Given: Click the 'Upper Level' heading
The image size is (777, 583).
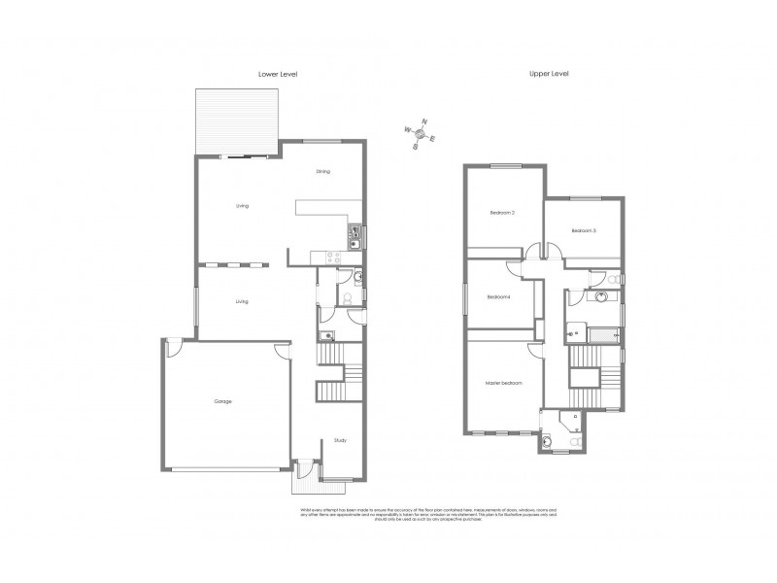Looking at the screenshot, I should pyautogui.click(x=547, y=74).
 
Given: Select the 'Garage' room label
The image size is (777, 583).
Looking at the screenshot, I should pyautogui.click(x=222, y=400).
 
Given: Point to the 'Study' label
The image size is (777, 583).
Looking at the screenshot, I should pyautogui.click(x=340, y=440).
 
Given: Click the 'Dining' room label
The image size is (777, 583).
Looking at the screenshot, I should pyautogui.click(x=323, y=171).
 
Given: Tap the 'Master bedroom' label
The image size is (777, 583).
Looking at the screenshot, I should pyautogui.click(x=504, y=383).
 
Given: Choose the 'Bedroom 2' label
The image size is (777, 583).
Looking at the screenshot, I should pyautogui.click(x=500, y=212).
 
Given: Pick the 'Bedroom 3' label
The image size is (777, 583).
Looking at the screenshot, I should pyautogui.click(x=583, y=230).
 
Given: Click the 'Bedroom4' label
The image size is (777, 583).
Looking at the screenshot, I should pyautogui.click(x=498, y=296).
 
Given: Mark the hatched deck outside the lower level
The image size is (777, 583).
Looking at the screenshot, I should pyautogui.click(x=239, y=120).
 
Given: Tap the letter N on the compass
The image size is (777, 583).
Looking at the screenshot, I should pyautogui.click(x=424, y=122).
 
